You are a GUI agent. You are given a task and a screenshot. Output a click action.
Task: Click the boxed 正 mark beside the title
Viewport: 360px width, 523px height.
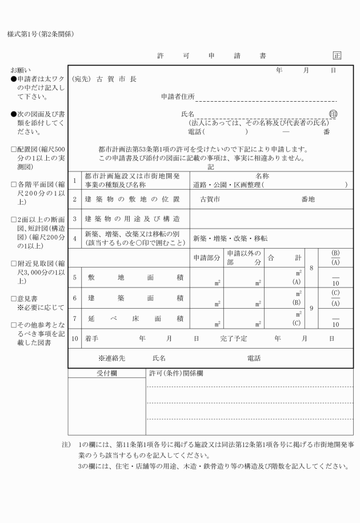pyautogui.click(x=337, y=56)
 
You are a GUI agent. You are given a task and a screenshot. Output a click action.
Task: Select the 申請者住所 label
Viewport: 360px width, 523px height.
pyautogui.click(x=178, y=96)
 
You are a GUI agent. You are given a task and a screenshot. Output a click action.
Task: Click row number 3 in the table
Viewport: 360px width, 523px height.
pyautogui.click(x=74, y=219)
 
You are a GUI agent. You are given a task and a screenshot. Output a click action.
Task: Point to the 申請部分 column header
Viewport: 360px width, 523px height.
pyautogui.click(x=206, y=258)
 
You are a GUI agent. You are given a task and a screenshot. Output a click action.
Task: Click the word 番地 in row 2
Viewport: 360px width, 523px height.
pyautogui.click(x=307, y=199)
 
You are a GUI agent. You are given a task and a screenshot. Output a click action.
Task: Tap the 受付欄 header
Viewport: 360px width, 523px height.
pyautogui.click(x=106, y=373)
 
